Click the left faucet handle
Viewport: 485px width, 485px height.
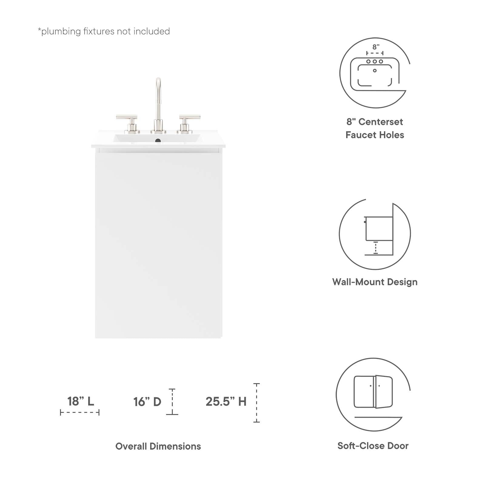click(x=127, y=117)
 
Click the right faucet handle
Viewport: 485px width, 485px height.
click(x=189, y=117)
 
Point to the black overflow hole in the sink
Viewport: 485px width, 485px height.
click(x=158, y=141)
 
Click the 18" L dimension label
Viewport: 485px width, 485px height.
click(x=81, y=401)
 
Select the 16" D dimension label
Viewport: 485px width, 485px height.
click(x=147, y=402)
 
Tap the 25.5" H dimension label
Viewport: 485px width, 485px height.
click(x=226, y=402)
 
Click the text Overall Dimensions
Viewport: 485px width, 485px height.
click(x=158, y=446)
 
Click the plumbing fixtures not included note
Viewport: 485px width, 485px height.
click(x=104, y=31)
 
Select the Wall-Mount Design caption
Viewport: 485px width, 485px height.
click(x=375, y=282)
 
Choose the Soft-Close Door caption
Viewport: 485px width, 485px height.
click(x=373, y=446)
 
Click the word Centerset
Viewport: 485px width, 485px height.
click(x=381, y=122)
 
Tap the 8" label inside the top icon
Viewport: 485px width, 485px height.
click(x=376, y=47)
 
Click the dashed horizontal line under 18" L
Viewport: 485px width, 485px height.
click(x=80, y=412)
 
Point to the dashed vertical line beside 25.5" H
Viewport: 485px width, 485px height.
click(x=256, y=403)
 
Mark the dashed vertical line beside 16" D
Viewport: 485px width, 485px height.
click(x=172, y=402)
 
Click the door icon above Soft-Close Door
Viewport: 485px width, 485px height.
click(x=373, y=392)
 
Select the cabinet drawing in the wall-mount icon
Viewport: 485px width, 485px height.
click(x=379, y=229)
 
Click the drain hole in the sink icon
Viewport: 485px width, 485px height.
click(x=375, y=71)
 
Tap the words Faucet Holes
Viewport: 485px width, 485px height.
click(x=375, y=135)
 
